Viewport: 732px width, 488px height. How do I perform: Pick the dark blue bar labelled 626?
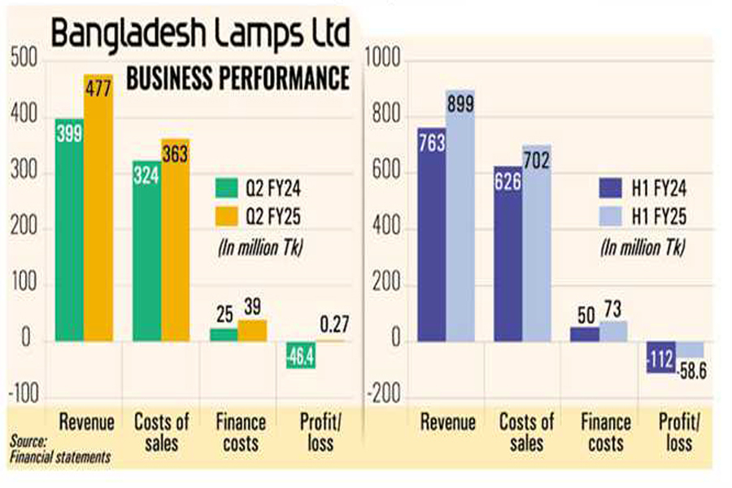point(508,253)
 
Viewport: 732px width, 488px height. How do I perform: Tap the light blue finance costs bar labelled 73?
point(614,330)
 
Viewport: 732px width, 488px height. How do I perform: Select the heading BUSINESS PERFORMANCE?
point(237,79)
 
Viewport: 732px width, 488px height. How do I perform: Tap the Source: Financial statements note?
point(59,450)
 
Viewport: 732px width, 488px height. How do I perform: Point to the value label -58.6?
point(693,367)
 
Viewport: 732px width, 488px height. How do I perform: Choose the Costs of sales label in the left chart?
point(161,432)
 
